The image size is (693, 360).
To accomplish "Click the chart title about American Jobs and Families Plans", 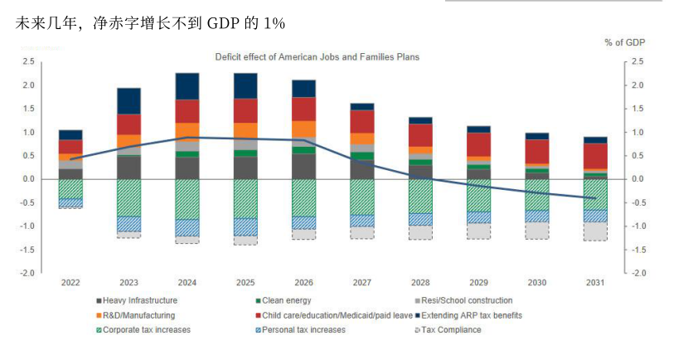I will pos(317,57).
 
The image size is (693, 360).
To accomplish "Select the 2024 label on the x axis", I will pos(187,283).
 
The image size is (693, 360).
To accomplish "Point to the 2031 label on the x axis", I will pos(595,283).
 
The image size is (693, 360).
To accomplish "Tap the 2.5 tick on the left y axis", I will pos(29,61).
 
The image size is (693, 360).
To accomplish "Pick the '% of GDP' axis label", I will pos(625,42).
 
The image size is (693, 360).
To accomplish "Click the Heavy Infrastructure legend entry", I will pos(137,300).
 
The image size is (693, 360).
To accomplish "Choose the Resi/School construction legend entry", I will pos(463,300).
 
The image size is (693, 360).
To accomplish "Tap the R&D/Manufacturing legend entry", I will pos(138,315).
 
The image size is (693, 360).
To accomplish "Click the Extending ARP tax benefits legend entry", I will pos(472,315).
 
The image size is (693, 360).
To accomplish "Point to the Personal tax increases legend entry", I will pos(302,330).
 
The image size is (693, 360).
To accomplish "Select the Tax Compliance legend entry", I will pos(452,330).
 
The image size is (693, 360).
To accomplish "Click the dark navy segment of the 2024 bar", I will pos(187,86).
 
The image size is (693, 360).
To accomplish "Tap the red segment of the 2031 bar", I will pos(595,156).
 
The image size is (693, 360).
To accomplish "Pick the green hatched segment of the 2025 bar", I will pos(245,199).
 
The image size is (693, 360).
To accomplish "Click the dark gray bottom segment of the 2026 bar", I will pos(303,167).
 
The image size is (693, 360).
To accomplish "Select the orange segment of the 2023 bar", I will pos(128,141).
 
